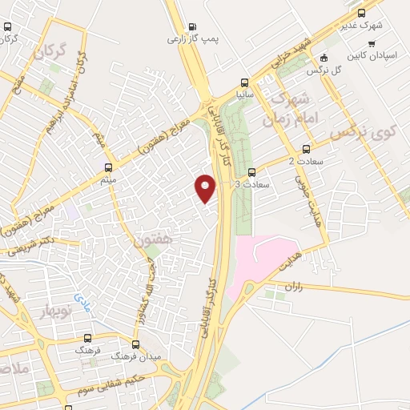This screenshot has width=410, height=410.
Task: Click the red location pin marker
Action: [206, 187]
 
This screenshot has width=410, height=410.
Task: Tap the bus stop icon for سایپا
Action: [246, 82]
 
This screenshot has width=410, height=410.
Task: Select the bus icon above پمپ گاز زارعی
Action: [191, 26]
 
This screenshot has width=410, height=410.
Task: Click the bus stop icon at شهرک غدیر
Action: [361, 13]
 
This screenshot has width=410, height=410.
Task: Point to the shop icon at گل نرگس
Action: [323, 58]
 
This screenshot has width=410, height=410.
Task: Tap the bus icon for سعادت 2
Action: [305, 150]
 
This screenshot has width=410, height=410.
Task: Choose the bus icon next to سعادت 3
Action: [251, 172]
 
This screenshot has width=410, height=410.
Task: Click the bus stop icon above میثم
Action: [110, 167]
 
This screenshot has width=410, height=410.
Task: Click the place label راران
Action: [292, 286]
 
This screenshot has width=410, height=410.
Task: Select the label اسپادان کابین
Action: [368, 58]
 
